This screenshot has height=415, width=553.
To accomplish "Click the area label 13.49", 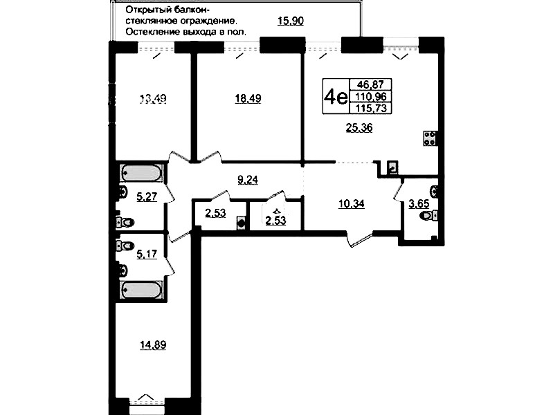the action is [x=153, y=99].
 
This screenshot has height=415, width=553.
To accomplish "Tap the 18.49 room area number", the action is [x=248, y=98].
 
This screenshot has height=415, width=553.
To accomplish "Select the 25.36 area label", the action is [x=359, y=128].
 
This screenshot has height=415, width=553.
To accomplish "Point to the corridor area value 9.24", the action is [x=248, y=180].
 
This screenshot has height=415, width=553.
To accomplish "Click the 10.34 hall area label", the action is [x=352, y=204].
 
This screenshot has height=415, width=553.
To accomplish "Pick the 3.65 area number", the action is [x=419, y=204].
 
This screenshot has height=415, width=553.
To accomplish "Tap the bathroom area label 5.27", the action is [x=147, y=196].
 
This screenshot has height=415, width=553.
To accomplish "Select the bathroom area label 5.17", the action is [x=147, y=254].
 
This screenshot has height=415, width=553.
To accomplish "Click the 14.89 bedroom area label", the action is [x=153, y=345].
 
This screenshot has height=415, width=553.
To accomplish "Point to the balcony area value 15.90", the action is [x=291, y=21].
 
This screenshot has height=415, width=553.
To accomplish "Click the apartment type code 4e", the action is [x=336, y=96].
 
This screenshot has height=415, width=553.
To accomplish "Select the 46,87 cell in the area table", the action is [x=370, y=84].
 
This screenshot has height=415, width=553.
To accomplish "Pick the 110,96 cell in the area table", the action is [x=371, y=96].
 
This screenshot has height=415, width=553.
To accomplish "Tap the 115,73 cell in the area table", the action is [x=371, y=108].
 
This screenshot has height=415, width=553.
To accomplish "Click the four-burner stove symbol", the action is [x=430, y=138].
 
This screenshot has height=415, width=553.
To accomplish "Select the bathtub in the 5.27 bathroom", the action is [x=142, y=174].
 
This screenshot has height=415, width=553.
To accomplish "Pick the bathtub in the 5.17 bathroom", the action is [x=142, y=290].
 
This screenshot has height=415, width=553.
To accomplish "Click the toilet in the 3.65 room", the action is [x=429, y=215].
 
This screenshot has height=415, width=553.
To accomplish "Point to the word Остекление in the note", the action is [x=153, y=32].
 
